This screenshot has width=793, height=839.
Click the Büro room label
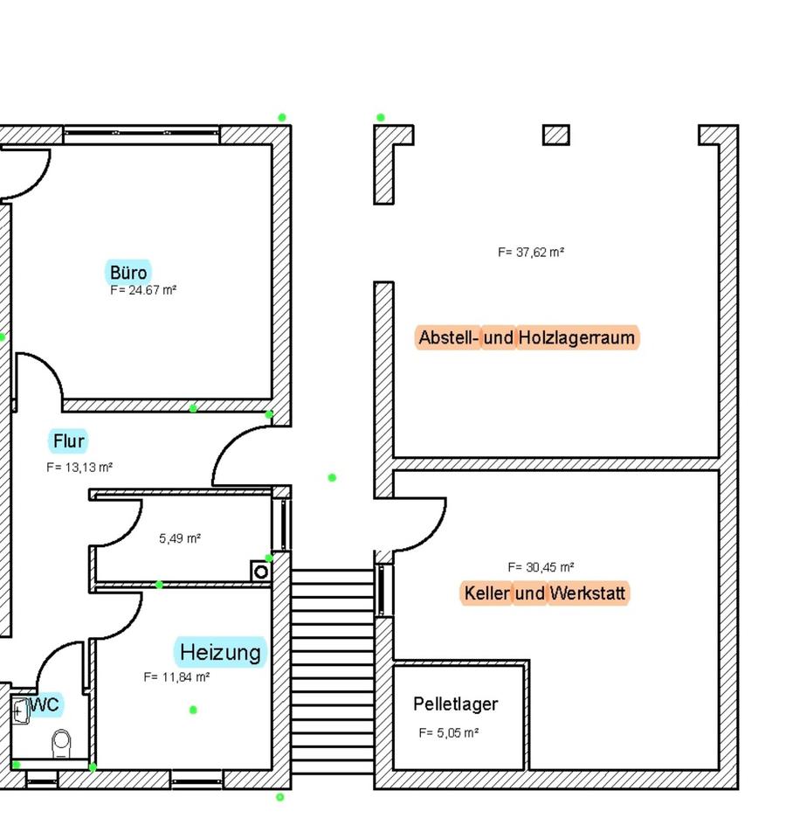pos(128,271)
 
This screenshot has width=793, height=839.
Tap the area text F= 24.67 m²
pos(144,290)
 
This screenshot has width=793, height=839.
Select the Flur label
pos(69,440)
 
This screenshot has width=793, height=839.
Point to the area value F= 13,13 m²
pos(79,468)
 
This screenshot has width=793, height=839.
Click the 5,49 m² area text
pos(180,538)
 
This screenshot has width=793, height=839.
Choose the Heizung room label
pos(220,652)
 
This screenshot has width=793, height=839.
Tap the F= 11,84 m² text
pos(176,676)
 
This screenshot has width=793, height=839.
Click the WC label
pos(45,704)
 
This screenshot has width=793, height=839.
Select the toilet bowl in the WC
pos(61,744)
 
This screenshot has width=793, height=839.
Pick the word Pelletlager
pos(455,704)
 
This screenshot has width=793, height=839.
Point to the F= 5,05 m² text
pos(448,733)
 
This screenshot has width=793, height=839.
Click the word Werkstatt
pos(588,594)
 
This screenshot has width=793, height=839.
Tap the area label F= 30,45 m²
pos(541,567)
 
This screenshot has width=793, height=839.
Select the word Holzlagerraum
pos(576,337)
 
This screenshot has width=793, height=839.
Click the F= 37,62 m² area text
pos(531,253)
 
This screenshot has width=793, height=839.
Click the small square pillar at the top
pos(556,135)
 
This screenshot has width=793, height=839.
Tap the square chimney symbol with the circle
pos(259,572)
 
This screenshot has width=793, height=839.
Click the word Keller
pos(486,594)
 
